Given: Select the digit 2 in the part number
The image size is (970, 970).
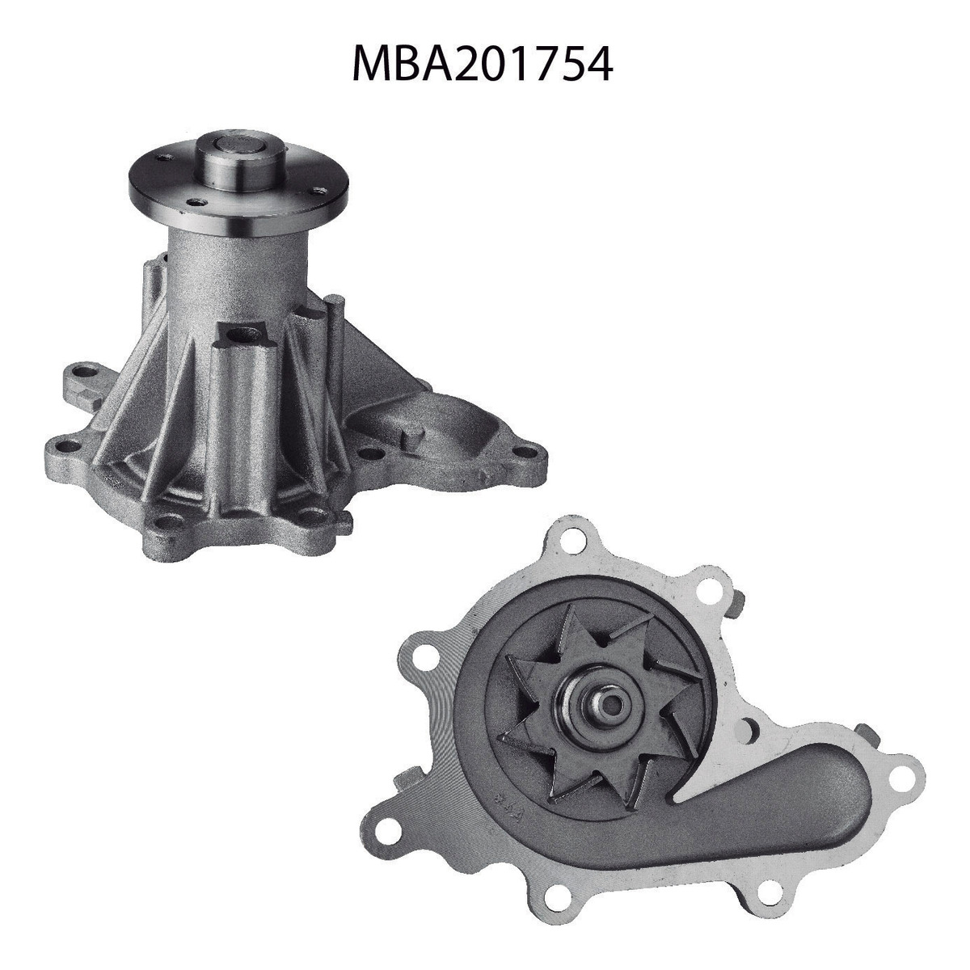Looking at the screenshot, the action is [465, 63].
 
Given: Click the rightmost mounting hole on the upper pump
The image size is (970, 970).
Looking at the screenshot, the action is [528, 452].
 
